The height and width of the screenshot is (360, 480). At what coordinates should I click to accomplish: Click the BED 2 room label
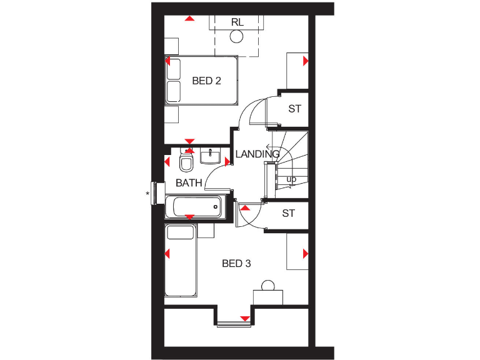tap(206, 81)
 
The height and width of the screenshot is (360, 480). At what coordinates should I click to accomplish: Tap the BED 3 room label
tap(236, 264)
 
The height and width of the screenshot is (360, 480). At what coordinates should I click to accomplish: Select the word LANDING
tap(257, 154)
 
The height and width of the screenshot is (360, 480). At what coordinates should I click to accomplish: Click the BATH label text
tap(189, 183)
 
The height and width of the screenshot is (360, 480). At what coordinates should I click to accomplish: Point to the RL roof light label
tap(236, 22)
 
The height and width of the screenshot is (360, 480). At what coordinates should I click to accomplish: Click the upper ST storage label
tap(294, 109)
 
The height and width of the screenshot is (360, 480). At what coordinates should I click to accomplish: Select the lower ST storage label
tap(287, 214)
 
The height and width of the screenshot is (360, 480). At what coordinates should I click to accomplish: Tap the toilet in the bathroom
tap(186, 163)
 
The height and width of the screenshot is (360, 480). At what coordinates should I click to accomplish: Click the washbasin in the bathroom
tap(210, 156)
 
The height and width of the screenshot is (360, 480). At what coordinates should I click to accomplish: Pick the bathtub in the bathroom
tap(194, 207)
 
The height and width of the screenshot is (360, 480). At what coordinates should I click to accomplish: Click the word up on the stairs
tap(291, 179)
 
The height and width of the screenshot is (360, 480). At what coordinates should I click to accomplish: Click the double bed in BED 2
tap(202, 81)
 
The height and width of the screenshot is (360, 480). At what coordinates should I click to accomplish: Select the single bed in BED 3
tap(181, 261)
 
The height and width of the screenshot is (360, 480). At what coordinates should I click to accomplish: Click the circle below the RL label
tap(236, 37)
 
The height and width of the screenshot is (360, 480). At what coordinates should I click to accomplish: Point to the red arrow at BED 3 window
tap(245, 319)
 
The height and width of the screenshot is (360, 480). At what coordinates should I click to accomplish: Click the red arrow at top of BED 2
tap(189, 18)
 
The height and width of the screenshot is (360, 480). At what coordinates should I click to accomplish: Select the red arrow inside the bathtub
tap(189, 216)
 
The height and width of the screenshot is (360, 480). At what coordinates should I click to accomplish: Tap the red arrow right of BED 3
tap(306, 253)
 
